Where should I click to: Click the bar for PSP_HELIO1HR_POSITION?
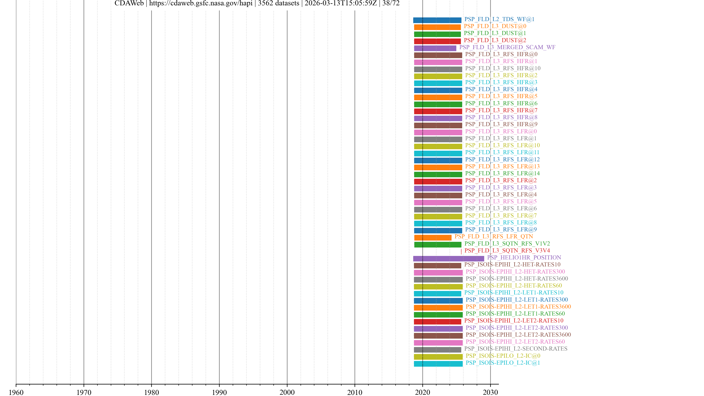448,258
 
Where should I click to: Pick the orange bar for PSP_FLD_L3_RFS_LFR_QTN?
433,237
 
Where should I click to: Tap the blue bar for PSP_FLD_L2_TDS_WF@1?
437,20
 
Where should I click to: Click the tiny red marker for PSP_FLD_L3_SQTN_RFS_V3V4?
461,251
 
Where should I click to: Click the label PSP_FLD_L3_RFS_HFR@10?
503,68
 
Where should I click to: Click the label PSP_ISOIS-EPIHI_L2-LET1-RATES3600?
518,307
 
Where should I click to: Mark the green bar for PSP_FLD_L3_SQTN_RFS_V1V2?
438,245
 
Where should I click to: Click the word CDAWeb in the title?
129,3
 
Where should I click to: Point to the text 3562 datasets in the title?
278,3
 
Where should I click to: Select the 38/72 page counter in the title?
391,3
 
